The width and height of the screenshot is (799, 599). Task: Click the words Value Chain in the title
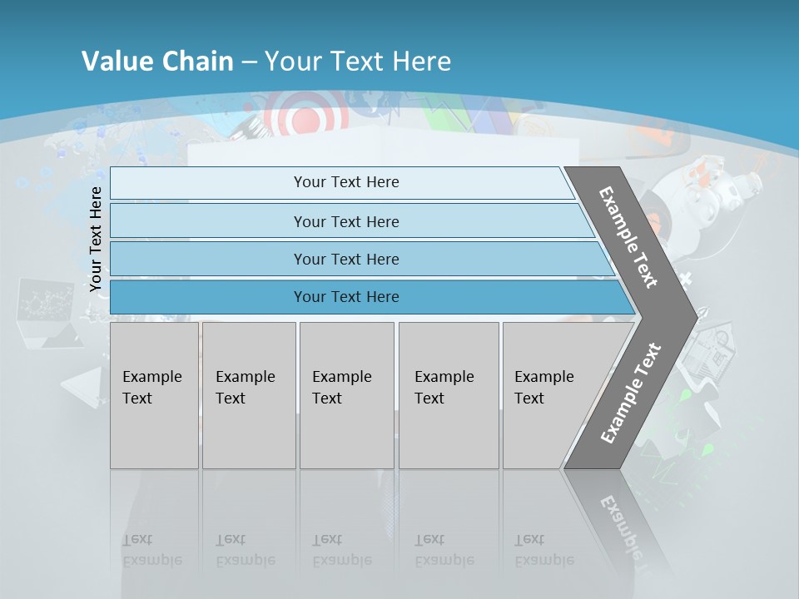[157, 61]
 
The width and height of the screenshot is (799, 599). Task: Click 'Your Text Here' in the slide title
[358, 61]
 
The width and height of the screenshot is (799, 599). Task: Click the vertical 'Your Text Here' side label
[96, 239]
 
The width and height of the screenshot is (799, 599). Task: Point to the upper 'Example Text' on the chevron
[628, 237]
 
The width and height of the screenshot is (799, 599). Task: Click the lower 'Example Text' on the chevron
[631, 393]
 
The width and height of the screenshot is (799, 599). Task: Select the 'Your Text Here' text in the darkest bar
[346, 297]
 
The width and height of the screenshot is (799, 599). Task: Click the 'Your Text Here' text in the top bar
[346, 182]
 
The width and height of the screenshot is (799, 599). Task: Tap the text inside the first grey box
[151, 387]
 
